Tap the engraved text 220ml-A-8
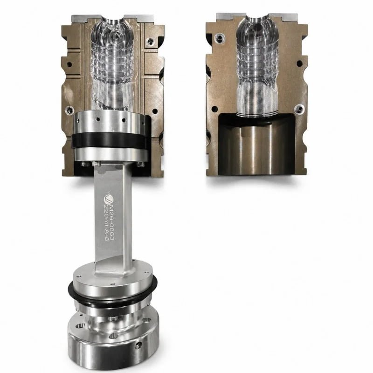[107, 222]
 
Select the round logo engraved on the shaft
[109, 198]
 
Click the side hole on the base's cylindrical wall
[138, 345]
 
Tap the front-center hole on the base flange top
[113, 336]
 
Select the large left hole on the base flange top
[80, 325]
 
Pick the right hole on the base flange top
[147, 320]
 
